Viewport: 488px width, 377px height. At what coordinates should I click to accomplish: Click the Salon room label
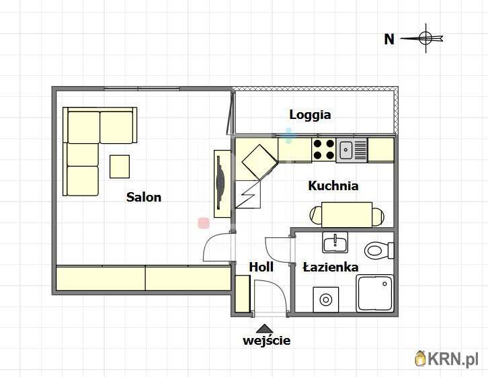coord(144,197)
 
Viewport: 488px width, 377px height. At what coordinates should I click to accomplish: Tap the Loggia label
coord(310,115)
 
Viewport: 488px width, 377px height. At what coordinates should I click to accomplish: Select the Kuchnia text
coord(333,185)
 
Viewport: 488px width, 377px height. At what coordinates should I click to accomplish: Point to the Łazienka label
coord(331,267)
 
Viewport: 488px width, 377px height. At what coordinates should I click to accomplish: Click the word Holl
coord(261,267)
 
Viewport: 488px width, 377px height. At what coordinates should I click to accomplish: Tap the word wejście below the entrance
coord(267,340)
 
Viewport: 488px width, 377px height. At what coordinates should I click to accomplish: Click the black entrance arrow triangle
coord(265,329)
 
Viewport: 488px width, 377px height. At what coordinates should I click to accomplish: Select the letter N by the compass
coord(389,39)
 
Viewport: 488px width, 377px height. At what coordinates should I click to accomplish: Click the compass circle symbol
coord(425,38)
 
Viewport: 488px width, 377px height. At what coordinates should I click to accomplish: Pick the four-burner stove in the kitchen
coord(324,150)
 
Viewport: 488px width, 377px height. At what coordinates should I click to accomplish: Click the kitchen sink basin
coord(345,150)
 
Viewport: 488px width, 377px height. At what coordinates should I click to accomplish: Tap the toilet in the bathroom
coord(379,250)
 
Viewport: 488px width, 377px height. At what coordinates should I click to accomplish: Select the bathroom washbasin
coord(335,243)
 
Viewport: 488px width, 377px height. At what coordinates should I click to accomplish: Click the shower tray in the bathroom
coord(375,293)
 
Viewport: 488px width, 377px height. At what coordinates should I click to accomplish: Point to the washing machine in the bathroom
coord(326,300)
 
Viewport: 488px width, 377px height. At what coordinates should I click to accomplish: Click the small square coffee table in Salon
coord(120,167)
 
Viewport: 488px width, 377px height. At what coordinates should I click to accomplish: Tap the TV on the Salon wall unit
coord(220,182)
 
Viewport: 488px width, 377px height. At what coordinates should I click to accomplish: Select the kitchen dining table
coord(347,214)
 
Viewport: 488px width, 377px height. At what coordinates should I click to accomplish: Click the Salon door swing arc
coord(212,240)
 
